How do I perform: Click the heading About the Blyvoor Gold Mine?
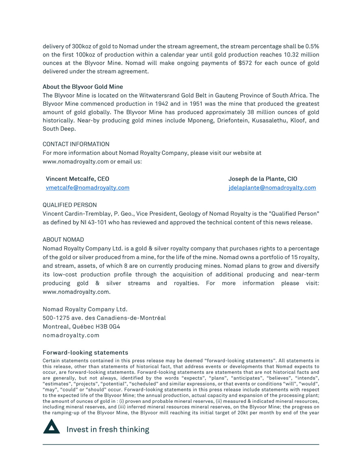83,87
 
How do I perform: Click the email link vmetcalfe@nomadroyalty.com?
88,188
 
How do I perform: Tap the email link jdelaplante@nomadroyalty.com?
272,188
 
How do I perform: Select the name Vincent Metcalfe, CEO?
78,179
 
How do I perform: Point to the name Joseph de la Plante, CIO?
263,179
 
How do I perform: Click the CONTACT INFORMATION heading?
76,144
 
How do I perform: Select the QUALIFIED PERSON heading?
70,205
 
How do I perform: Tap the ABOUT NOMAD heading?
63,240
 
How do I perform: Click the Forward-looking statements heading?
85,352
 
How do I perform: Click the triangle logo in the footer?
52,427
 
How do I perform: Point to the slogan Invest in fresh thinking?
108,430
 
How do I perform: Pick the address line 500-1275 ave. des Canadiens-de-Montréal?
104,318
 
